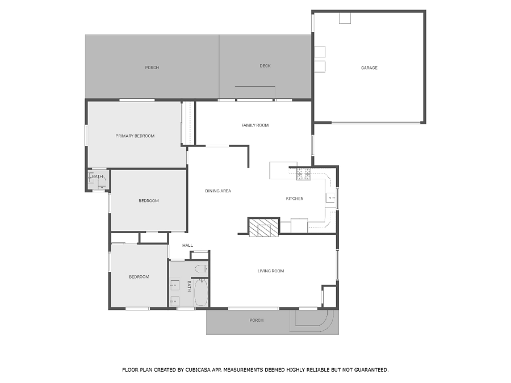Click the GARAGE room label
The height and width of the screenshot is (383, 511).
tap(369, 68)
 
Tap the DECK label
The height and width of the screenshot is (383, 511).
tap(265, 66)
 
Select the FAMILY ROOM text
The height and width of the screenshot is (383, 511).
tap(255, 125)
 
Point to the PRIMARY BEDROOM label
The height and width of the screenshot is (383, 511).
tap(135, 136)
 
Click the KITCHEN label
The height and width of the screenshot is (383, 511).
tap(295, 199)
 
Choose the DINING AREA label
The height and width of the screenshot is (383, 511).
tap(218, 191)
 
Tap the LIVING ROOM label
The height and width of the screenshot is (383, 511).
tap(270, 271)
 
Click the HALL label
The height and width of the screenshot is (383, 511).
tap(187, 245)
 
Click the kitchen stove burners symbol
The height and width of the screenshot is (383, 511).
tap(304, 174)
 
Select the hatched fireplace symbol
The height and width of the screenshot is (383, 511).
tap(263, 227)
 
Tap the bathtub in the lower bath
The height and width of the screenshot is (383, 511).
tap(201, 293)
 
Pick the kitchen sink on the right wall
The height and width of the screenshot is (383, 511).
tap(330, 197)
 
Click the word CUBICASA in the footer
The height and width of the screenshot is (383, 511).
tap(198, 369)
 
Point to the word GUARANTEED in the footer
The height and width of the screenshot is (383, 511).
tap(371, 369)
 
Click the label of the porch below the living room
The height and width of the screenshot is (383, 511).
tap(256, 320)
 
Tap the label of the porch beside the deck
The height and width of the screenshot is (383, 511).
tap(152, 68)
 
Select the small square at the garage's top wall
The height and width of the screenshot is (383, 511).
tap(345, 18)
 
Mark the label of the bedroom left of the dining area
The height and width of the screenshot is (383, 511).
tap(149, 201)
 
